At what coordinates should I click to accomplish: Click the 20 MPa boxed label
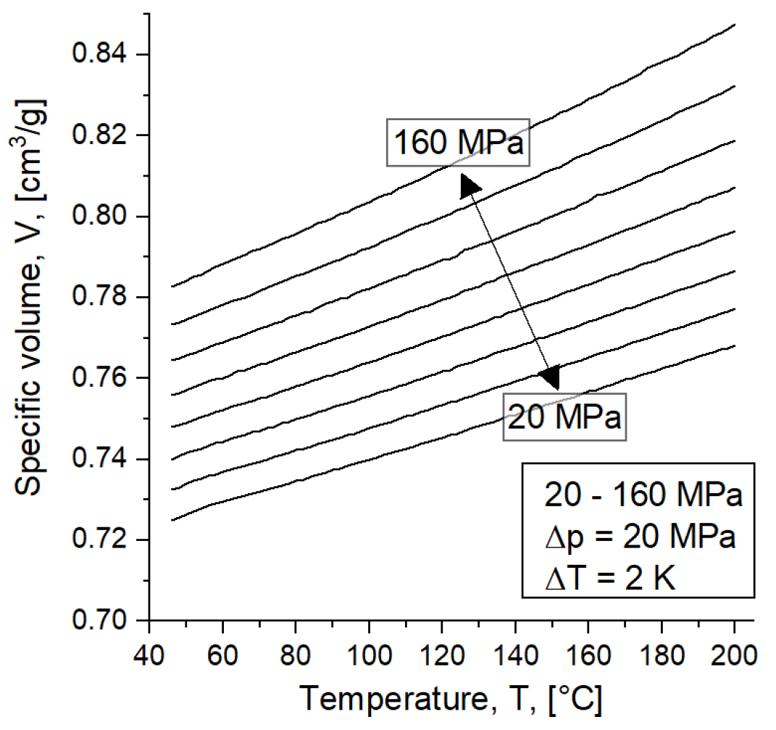click(x=564, y=417)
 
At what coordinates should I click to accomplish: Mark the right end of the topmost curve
click(x=735, y=25)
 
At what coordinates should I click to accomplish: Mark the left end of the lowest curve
click(x=172, y=520)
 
